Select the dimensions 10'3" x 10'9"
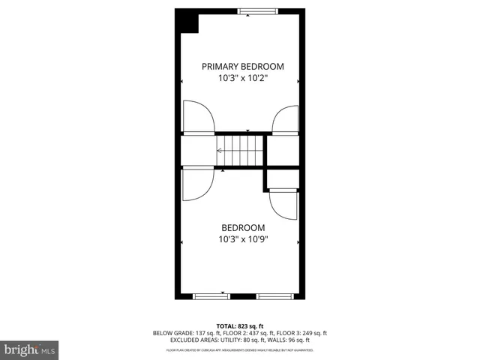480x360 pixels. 243,239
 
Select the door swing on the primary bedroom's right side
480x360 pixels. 286,119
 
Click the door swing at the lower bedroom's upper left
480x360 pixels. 196,184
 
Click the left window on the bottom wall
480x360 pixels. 211,296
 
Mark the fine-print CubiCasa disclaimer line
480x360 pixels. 240,349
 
